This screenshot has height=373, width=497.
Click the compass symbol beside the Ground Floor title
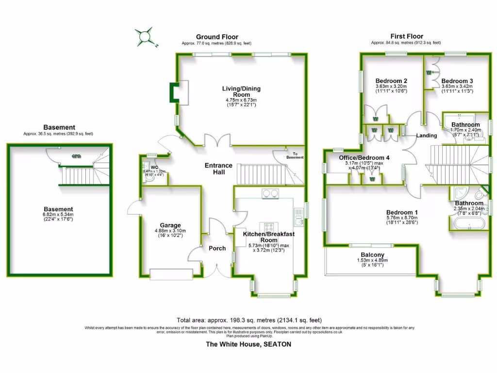(145, 36)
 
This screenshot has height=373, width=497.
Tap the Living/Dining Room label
(241, 91)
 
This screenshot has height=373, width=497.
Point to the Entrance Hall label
(218, 169)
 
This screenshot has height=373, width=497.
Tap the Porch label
(217, 248)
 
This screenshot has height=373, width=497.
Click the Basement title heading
(59, 127)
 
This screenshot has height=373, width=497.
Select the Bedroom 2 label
(391, 81)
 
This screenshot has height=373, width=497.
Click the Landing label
(427, 136)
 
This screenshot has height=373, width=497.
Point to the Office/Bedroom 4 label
(364, 158)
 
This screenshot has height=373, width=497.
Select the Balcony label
(373, 255)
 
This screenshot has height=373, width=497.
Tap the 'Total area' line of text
(249, 320)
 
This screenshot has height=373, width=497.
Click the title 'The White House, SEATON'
(248, 344)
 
